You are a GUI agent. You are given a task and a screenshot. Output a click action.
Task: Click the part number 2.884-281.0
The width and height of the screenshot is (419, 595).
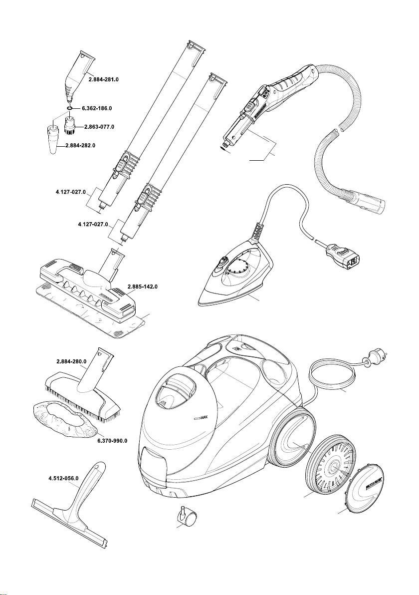104,79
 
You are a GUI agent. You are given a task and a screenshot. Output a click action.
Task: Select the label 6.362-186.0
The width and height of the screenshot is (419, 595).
96,108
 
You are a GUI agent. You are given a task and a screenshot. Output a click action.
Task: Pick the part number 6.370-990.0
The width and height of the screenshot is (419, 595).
112,440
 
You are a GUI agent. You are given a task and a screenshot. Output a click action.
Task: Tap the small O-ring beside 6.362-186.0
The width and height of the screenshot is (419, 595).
70,108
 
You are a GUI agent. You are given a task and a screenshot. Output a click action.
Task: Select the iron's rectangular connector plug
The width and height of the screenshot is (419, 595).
343,256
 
